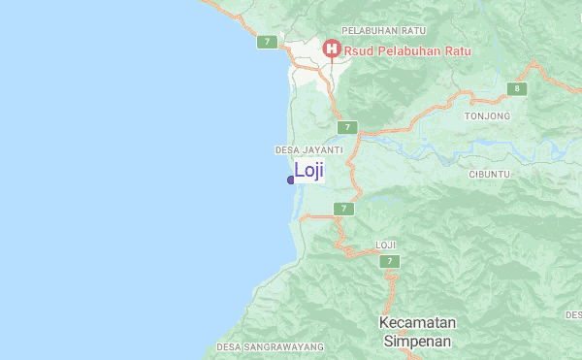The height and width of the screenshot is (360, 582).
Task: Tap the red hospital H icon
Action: click(331, 48)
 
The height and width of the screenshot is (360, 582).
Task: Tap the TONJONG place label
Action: click(487, 116)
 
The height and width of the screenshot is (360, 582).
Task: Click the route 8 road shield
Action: click(518, 89)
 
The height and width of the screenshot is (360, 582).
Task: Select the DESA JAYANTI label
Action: click(308, 150)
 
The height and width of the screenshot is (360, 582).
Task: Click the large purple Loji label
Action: click(308, 171)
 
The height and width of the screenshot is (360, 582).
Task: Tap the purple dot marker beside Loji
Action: click(291, 180)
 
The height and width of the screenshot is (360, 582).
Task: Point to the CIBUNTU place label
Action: click(489, 174)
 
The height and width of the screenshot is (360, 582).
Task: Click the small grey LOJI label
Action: click(386, 245)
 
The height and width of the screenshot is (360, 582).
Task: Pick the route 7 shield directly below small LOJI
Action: click(390, 261)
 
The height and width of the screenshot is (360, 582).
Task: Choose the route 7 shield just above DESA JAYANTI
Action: click(348, 127)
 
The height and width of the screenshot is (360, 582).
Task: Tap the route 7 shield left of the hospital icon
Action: click(268, 42)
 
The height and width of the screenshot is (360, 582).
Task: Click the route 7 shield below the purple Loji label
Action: click(342, 209)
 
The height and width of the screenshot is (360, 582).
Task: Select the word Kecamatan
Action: click(417, 322)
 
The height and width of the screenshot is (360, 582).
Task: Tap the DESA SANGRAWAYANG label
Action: click(256, 346)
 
